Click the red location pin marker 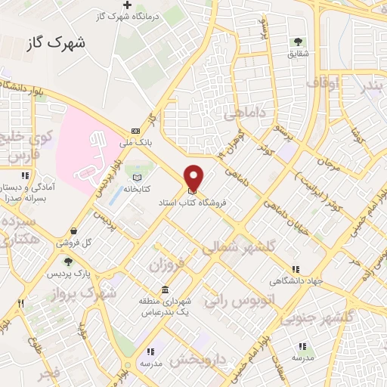(x=194, y=178)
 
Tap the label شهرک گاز (x=57, y=43)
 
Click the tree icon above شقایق (x=297, y=42)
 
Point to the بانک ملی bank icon (x=135, y=130)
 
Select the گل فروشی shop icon (x=73, y=232)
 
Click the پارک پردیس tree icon (x=69, y=261)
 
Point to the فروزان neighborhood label (x=166, y=265)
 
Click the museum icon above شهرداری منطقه (x=165, y=291)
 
